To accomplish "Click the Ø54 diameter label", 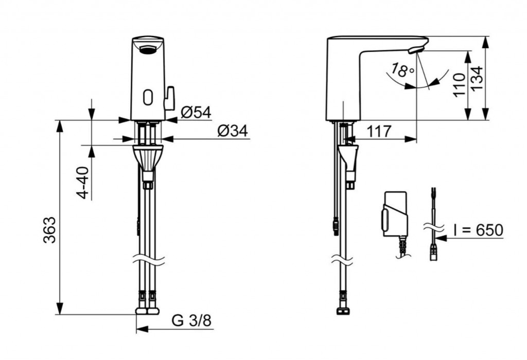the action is pos(196,113).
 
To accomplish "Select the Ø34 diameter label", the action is pos(233,131).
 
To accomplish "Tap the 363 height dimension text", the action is pos(49,230).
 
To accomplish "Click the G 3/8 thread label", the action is pos(191,320).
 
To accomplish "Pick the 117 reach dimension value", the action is pos(379,131).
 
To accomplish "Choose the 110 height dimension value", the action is pos(460,85).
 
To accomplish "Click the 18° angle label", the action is pos(402,69).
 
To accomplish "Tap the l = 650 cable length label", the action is pos(478,230).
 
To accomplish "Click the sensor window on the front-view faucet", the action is pos(148,97).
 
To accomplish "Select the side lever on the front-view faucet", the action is pos(169,98).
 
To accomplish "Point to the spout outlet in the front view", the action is pos(148,50).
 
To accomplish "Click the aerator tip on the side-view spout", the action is pos(415,50).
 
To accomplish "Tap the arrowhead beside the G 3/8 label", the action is pos(142,329).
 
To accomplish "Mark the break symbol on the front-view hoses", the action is pos(148,259).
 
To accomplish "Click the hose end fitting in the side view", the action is pos(342,311).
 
